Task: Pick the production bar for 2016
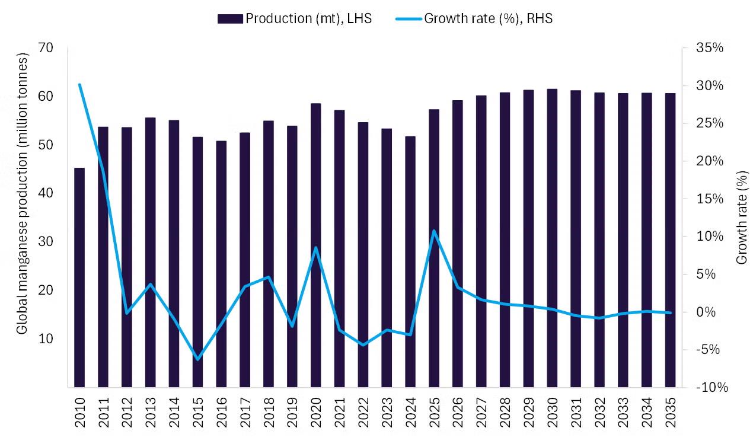[x=221, y=264]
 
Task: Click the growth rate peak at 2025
[x=434, y=231]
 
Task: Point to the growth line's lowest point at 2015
[x=197, y=359]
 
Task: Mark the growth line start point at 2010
[x=79, y=84]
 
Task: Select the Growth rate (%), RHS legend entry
[x=474, y=18]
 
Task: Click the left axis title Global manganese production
[x=22, y=194]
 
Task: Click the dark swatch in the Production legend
[x=231, y=18]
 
